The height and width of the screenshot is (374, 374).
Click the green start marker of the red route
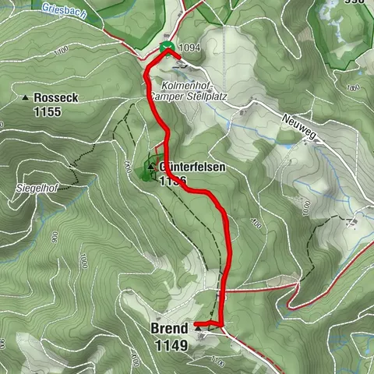click(x=166, y=48)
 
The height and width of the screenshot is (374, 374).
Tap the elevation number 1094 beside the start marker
click(x=190, y=49)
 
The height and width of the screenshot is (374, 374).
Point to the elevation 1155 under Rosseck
click(x=48, y=111)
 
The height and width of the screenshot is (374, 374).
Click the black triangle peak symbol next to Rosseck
click(x=26, y=98)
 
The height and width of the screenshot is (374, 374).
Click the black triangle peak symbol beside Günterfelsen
click(x=150, y=165)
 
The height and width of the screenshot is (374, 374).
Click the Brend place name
click(x=169, y=329)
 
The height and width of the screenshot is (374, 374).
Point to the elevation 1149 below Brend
click(x=171, y=344)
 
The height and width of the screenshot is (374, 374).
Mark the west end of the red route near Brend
click(x=196, y=323)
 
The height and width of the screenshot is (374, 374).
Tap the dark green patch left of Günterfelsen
click(x=146, y=172)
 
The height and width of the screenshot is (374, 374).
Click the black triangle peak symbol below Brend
click(x=198, y=330)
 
